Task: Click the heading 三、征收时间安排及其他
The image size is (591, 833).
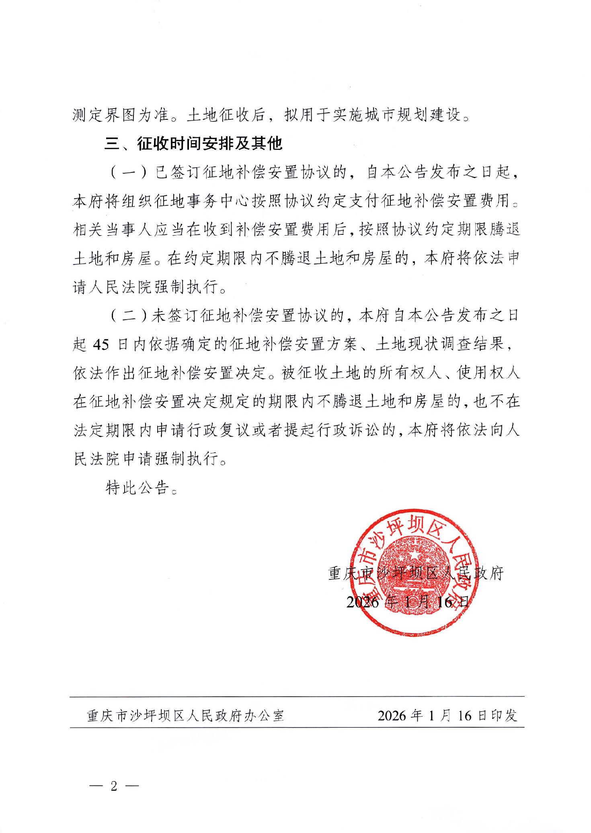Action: coord(194,144)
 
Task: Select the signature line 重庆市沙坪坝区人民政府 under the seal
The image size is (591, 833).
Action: coord(416,573)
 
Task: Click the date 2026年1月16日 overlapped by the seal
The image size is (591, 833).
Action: coord(407,602)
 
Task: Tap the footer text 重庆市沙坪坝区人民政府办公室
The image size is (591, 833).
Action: coord(186,715)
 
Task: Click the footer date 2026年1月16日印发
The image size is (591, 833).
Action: coord(447,715)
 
